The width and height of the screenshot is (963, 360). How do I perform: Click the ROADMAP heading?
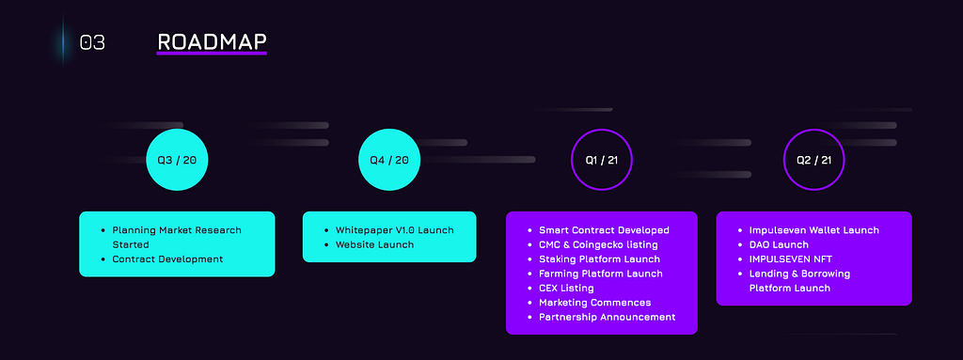pos(212,41)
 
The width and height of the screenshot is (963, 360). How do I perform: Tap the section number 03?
pos(92,42)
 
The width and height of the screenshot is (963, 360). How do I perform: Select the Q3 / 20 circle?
pos(177,160)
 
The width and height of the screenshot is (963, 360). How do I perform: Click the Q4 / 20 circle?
pos(389,160)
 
